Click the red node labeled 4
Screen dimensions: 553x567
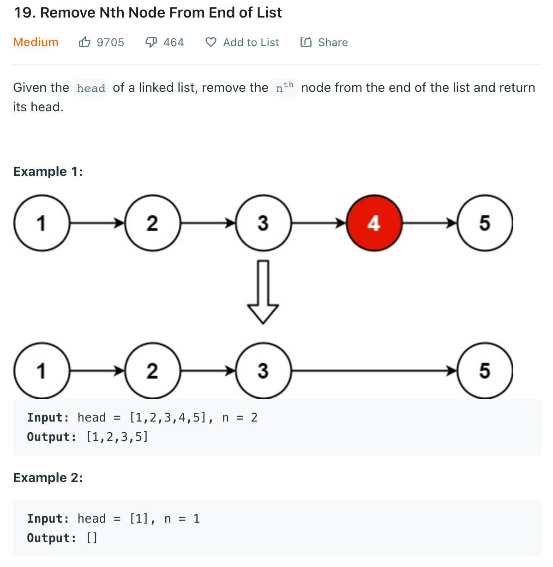[374, 223]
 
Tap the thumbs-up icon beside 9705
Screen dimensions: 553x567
[84, 42]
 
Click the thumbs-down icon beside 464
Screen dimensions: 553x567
[151, 42]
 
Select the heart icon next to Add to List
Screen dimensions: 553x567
[211, 42]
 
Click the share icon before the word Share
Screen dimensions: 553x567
[306, 42]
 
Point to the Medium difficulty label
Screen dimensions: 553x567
[36, 42]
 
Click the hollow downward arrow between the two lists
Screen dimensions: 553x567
[263, 292]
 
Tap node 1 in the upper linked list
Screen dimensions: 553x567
[42, 223]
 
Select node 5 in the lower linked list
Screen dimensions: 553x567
[485, 371]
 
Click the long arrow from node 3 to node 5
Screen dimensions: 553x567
[374, 371]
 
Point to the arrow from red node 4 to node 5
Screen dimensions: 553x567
[430, 223]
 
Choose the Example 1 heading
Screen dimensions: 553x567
[48, 171]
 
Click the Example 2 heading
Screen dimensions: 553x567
[48, 477]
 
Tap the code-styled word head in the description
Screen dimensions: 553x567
[91, 88]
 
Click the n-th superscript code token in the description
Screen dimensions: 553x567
[285, 87]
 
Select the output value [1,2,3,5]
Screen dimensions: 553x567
[117, 437]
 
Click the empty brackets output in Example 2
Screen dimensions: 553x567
[92, 538]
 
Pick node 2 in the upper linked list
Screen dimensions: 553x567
[153, 223]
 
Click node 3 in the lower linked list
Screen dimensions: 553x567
[264, 371]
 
